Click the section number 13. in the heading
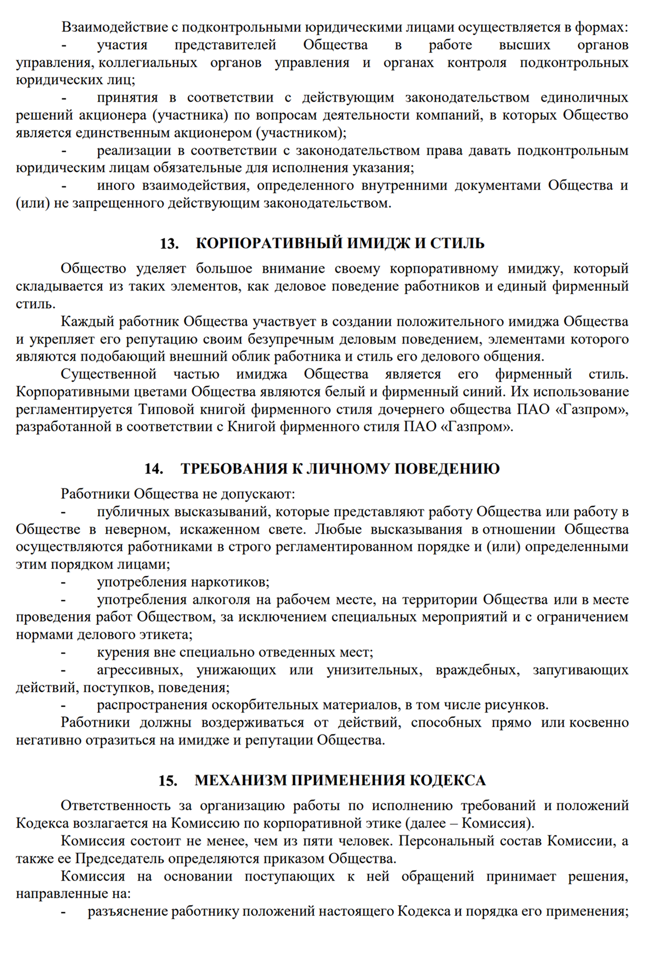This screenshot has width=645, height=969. click(169, 243)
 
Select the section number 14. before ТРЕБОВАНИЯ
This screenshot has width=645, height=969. click(154, 469)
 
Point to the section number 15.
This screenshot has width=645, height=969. click(168, 781)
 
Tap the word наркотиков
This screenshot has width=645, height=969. click(230, 582)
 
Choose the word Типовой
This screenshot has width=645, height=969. click(166, 410)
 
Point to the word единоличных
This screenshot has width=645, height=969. click(584, 98)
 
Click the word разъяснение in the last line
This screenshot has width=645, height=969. click(128, 912)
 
